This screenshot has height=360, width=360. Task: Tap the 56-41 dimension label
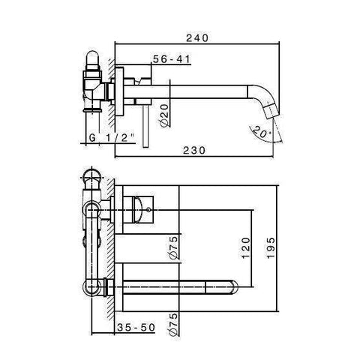click(167, 58)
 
